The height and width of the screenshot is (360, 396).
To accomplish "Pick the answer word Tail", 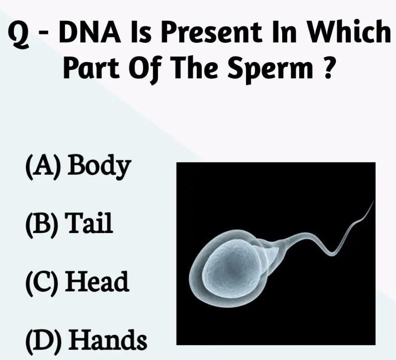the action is (89, 223).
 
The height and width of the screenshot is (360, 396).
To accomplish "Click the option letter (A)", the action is (43, 167).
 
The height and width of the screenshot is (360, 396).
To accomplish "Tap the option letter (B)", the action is (42, 224).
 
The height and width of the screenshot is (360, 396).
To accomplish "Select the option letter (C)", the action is (42, 282).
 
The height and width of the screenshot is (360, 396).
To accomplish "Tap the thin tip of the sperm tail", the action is (373, 201).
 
